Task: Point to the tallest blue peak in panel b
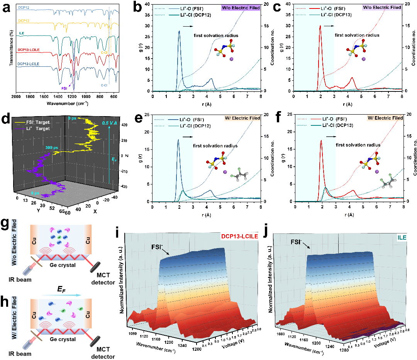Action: pyautogui.click(x=179, y=31)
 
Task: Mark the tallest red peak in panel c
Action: pyautogui.click(x=320, y=26)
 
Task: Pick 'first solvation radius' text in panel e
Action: pyautogui.click(x=215, y=146)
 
